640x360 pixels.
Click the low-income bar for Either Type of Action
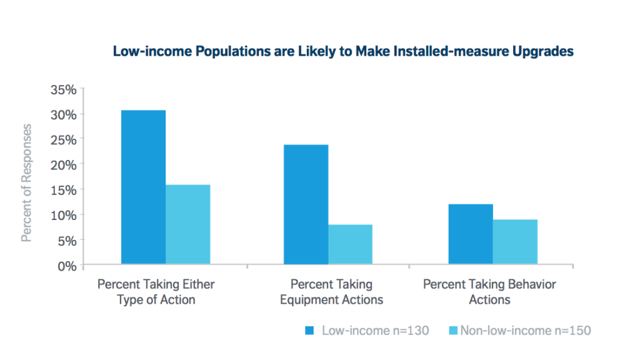(143, 187)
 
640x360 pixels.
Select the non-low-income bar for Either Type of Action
(187, 224)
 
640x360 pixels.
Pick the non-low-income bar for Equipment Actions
(350, 244)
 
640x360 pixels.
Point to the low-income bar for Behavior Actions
(471, 234)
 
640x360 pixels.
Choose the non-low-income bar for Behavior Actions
(515, 242)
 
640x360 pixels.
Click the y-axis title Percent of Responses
(26, 182)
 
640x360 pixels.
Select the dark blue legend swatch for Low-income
(310, 330)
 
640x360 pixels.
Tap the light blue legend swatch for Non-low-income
(453, 330)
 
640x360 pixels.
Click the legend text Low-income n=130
(375, 330)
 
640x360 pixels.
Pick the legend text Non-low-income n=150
(525, 330)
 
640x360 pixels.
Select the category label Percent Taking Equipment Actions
(331, 292)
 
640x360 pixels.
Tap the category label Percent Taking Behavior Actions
(489, 292)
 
